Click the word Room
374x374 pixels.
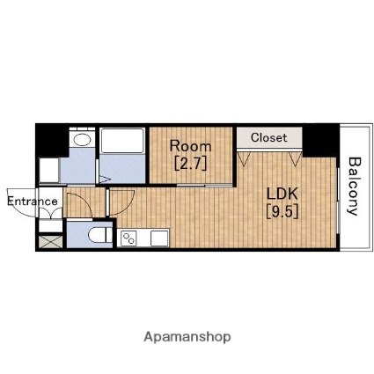(x=190, y=146)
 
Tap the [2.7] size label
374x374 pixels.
(x=191, y=164)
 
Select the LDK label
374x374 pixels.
(x=282, y=194)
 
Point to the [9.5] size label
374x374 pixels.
(x=282, y=211)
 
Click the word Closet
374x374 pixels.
(x=269, y=137)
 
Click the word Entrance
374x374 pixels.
(x=33, y=202)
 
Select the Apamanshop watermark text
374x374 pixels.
(x=187, y=337)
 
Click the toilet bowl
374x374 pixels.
(x=100, y=235)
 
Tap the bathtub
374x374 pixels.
(x=122, y=141)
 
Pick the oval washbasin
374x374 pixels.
(x=82, y=139)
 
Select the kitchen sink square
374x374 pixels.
(x=159, y=238)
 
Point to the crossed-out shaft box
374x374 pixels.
(x=50, y=242)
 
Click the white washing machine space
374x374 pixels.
(x=48, y=171)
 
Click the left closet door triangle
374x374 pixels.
(x=243, y=158)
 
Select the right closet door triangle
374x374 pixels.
(x=296, y=158)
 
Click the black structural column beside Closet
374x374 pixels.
(x=320, y=140)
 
